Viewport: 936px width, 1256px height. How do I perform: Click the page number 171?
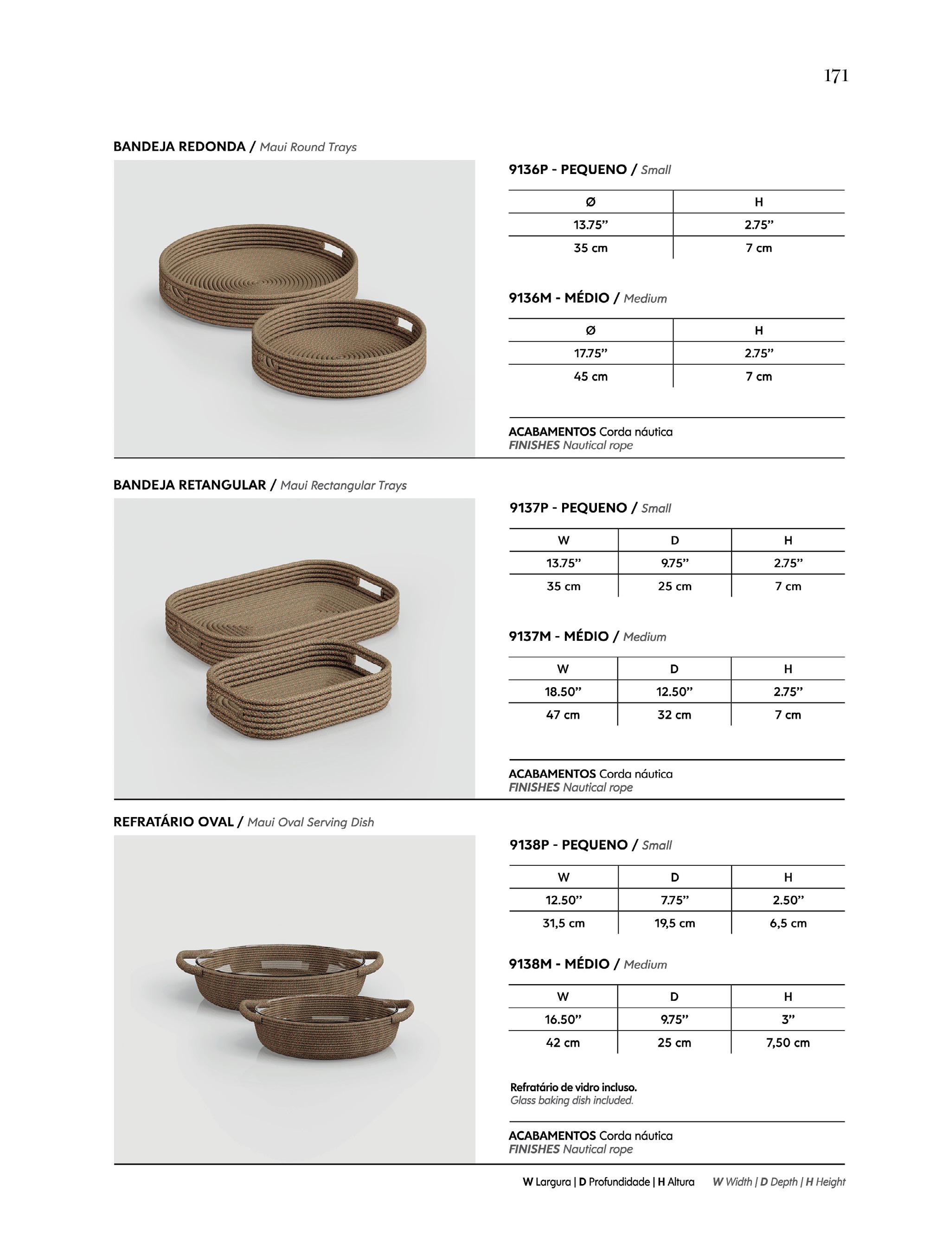pyautogui.click(x=836, y=76)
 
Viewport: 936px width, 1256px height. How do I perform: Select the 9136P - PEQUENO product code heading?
pyautogui.click(x=567, y=169)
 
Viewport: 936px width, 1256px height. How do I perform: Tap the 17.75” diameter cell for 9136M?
pyautogui.click(x=590, y=353)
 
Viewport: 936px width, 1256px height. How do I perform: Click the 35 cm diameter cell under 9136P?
pyautogui.click(x=590, y=248)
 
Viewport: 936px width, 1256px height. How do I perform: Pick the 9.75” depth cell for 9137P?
pyautogui.click(x=674, y=563)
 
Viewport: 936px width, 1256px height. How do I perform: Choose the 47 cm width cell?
pyautogui.click(x=563, y=715)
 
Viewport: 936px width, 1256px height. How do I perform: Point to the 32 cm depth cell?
pyautogui.click(x=674, y=715)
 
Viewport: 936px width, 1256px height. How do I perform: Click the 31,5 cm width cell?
pyautogui.click(x=563, y=923)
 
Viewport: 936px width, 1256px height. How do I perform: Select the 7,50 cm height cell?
pyautogui.click(x=788, y=1042)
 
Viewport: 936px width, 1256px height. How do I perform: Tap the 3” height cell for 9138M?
pyautogui.click(x=788, y=1019)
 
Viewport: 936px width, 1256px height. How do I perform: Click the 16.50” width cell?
pyautogui.click(x=563, y=1019)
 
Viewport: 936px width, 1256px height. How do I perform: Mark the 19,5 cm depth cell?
pyautogui.click(x=674, y=923)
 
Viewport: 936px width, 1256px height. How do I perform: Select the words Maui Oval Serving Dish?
pyautogui.click(x=310, y=822)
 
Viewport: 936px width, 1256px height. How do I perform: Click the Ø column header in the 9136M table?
pyautogui.click(x=590, y=330)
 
